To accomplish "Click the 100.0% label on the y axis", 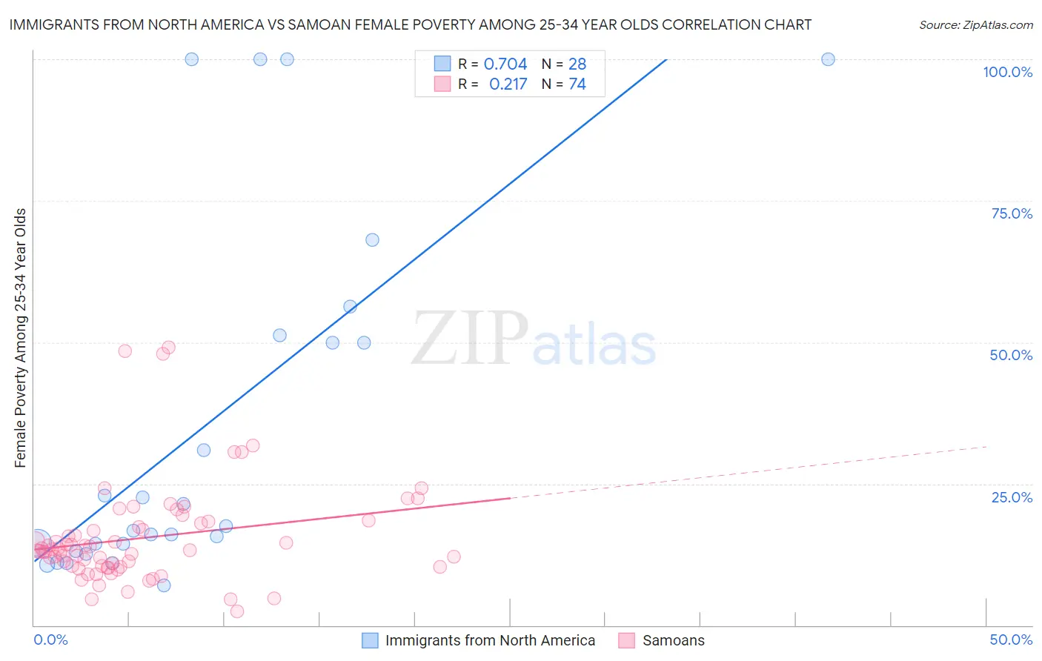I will point(1007,72).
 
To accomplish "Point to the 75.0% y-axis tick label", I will point(1012,213).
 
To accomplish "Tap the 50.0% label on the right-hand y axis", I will point(1011,355).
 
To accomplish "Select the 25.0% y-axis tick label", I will point(1012,497).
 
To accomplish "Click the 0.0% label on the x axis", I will point(50,640).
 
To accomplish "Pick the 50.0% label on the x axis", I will point(1011,640).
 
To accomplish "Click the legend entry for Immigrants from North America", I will point(490,640).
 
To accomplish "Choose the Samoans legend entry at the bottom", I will point(673,640).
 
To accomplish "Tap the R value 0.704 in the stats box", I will point(505,64).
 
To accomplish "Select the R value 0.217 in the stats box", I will point(508,84).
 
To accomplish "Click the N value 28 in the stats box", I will point(577,64).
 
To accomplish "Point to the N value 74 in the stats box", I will point(577,84).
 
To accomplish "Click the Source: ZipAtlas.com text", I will point(975,24).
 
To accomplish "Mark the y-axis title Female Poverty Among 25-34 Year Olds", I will point(21,338).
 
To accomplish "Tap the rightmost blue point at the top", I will point(828,59).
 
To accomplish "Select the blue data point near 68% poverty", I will point(372,240).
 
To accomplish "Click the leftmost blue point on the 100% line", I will point(191,59).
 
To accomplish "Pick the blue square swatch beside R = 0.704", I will point(442,64).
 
